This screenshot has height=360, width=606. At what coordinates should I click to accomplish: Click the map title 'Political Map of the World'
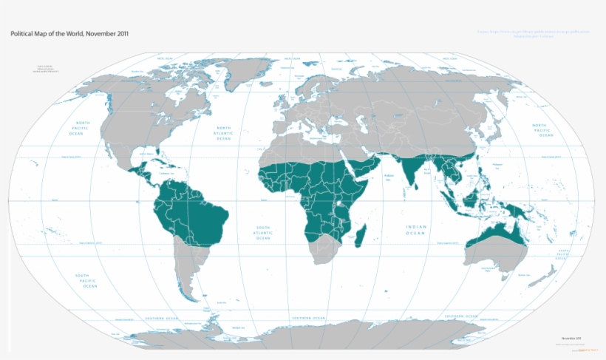[69, 34]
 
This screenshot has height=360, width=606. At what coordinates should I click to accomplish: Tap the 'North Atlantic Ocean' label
[222, 133]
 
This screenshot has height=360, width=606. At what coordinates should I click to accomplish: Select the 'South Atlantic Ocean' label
[263, 233]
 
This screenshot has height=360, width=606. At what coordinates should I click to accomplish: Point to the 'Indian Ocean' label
[416, 229]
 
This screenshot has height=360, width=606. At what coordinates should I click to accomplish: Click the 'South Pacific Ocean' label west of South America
[87, 281]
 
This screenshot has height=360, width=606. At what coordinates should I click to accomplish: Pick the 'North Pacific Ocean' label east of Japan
[544, 130]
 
